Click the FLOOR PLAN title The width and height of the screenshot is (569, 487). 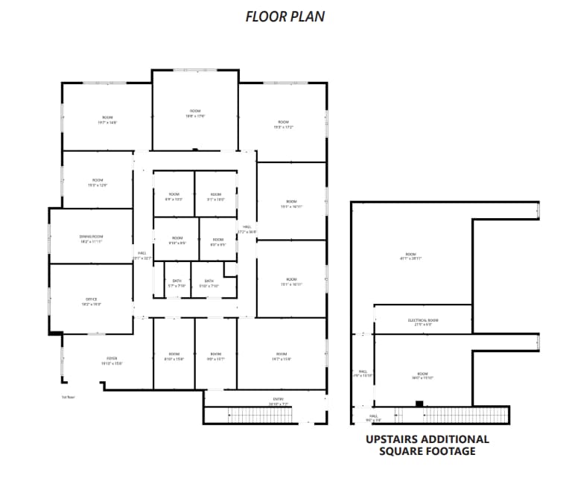284,16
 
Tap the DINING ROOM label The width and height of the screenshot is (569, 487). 91,239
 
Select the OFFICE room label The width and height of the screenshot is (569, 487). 92,302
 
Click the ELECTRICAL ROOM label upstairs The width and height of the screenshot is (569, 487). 422,322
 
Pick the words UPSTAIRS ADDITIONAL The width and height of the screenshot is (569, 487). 427,439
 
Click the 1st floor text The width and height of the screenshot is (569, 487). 69,398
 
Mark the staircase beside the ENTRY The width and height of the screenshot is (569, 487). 264,416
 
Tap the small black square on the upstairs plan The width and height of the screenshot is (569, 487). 419,404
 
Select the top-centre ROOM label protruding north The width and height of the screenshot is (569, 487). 195,113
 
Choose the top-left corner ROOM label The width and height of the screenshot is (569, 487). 107,119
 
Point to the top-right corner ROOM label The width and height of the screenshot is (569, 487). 283,124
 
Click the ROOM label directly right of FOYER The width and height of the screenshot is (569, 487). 174,356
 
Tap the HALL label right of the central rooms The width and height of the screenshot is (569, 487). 247,229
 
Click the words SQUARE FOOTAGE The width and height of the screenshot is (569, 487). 427,451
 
